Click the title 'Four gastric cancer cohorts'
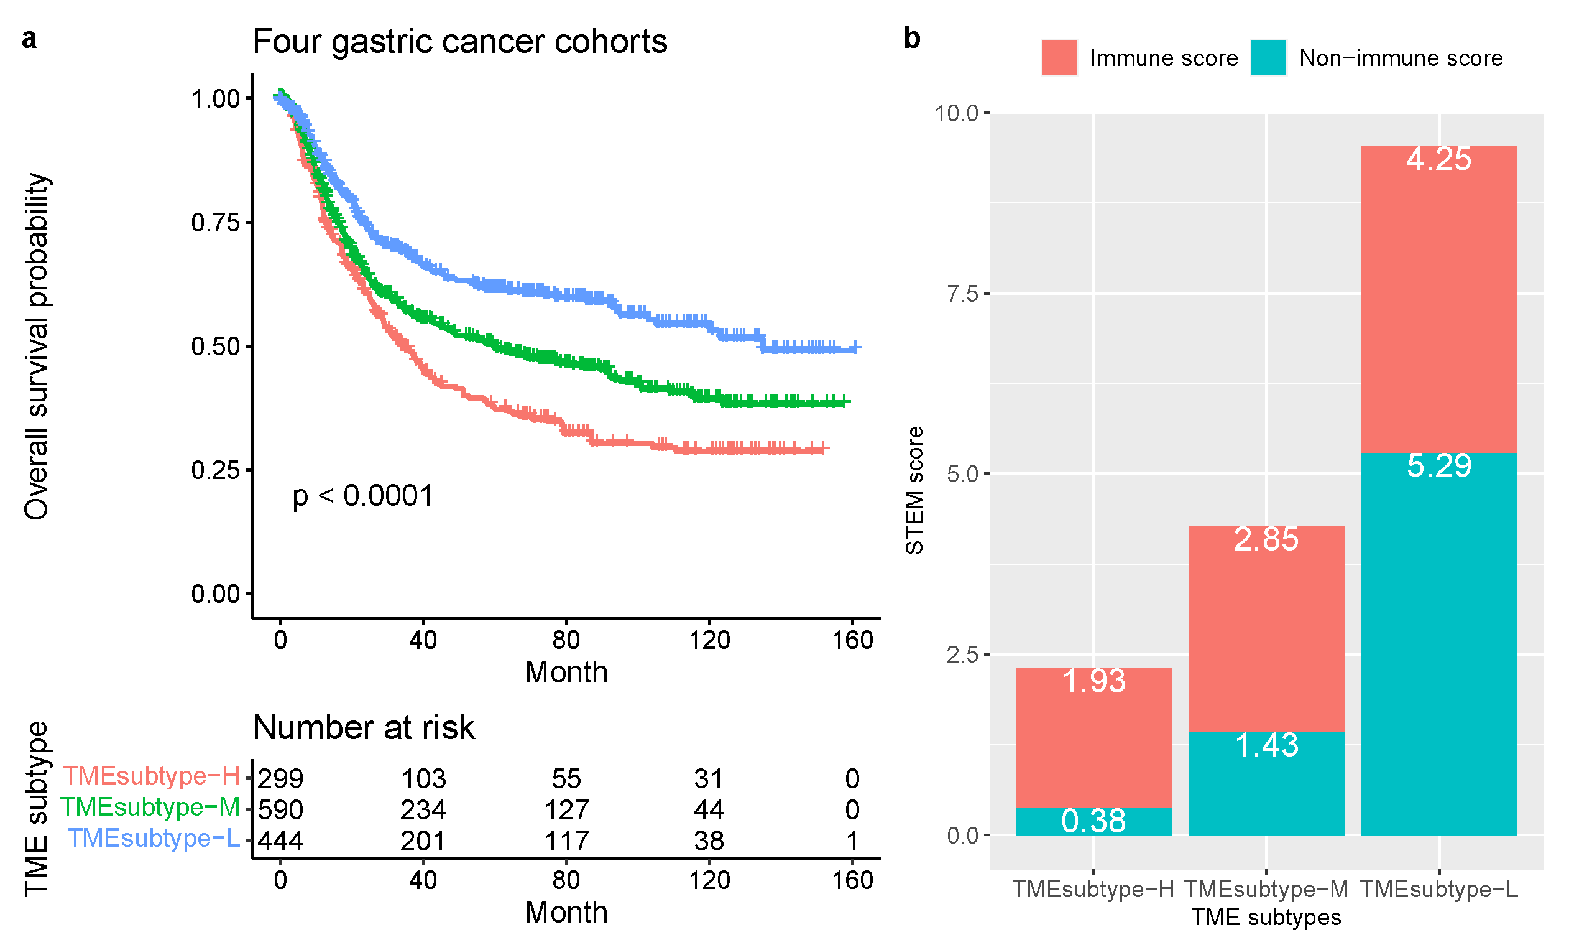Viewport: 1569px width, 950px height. pyautogui.click(x=459, y=42)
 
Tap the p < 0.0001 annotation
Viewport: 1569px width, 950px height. pyautogui.click(x=362, y=496)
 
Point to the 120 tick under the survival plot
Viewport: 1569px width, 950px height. pyautogui.click(x=709, y=640)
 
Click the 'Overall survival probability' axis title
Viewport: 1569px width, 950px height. pyautogui.click(x=36, y=346)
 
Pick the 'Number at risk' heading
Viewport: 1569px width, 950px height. pyautogui.click(x=363, y=728)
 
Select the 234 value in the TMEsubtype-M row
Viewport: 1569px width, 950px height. pyautogui.click(x=423, y=810)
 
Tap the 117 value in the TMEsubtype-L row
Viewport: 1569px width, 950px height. pyautogui.click(x=566, y=841)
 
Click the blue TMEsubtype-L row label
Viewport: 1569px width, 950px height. pyautogui.click(x=154, y=839)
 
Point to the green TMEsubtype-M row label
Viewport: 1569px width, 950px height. pyautogui.click(x=150, y=808)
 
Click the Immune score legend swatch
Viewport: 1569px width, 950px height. pyautogui.click(x=1059, y=58)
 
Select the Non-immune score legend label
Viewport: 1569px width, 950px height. pyautogui.click(x=1401, y=58)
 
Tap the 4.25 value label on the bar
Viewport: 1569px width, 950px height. pyautogui.click(x=1438, y=159)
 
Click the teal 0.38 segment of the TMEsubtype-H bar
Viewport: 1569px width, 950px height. pyautogui.click(x=1093, y=821)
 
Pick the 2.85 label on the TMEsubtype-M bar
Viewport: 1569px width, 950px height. pyautogui.click(x=1266, y=539)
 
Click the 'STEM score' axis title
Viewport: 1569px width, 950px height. pyautogui.click(x=914, y=491)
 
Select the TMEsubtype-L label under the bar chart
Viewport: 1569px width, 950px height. pyautogui.click(x=1438, y=890)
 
